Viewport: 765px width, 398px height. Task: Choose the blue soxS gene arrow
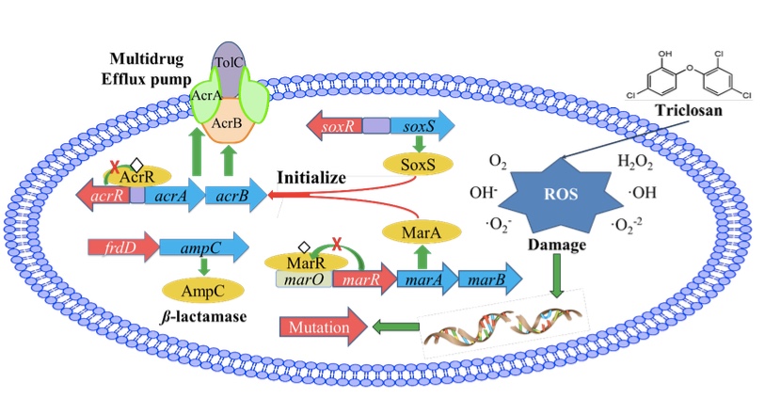(x=420, y=124)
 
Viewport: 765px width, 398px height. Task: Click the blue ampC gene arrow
(x=201, y=247)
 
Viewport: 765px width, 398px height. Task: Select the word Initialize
(x=312, y=176)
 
